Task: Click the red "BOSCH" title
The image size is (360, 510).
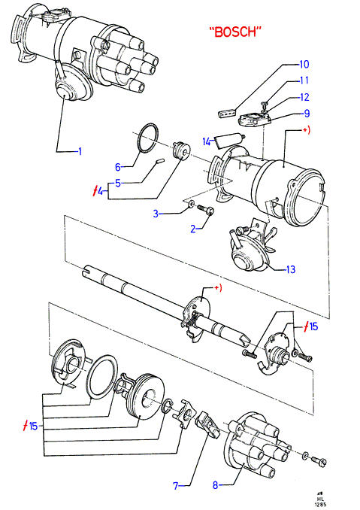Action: point(235,32)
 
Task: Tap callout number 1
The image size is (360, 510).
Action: point(79,151)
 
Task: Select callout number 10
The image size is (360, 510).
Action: point(304,64)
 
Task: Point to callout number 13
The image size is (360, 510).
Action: point(290,269)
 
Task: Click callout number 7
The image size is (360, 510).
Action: point(176,486)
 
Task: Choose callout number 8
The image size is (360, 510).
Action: point(216,485)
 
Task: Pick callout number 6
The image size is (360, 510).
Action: point(118,167)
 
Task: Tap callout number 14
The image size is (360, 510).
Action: point(207,142)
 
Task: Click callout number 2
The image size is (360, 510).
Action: point(193,229)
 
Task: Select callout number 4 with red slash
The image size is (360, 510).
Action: point(98,191)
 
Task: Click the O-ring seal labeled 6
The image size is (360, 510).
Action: point(149,138)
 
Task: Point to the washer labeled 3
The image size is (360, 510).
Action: point(192,205)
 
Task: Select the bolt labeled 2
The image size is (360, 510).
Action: point(205,209)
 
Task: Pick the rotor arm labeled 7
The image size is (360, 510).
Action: point(208,423)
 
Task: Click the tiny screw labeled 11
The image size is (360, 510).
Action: point(265,105)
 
